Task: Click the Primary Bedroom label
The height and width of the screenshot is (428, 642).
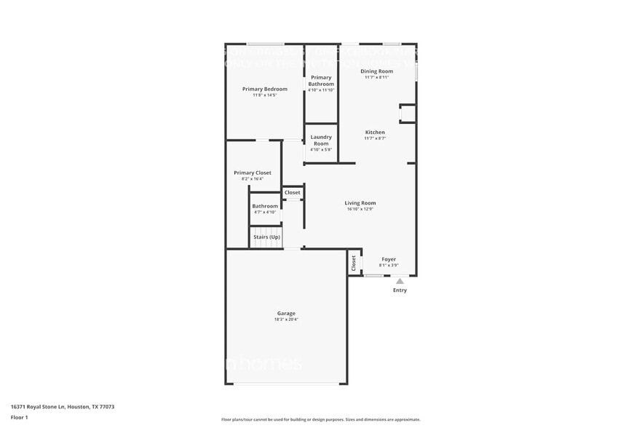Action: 264,89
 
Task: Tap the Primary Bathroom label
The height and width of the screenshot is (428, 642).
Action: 321,80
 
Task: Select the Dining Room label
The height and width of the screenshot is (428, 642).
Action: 377,71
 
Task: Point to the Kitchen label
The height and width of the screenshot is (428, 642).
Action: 375,132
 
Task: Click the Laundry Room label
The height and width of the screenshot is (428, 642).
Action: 321,140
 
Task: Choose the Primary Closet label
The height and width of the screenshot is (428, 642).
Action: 253,173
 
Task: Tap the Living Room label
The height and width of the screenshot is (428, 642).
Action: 360,203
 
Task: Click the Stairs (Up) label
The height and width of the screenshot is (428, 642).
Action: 266,237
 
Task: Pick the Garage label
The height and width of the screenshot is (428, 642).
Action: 286,313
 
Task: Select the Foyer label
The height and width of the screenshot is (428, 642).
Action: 389,259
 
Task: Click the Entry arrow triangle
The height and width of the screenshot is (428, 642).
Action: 400,281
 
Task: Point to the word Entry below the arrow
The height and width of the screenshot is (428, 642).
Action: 400,290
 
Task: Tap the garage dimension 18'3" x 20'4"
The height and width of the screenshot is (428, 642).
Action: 286,320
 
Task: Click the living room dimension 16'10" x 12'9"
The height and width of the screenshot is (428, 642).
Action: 360,210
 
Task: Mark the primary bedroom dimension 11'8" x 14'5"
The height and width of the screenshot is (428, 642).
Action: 264,95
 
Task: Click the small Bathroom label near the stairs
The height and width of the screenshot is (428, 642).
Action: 265,206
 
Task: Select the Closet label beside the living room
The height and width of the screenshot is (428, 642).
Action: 292,193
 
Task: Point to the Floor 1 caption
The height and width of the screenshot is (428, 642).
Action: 20,417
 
